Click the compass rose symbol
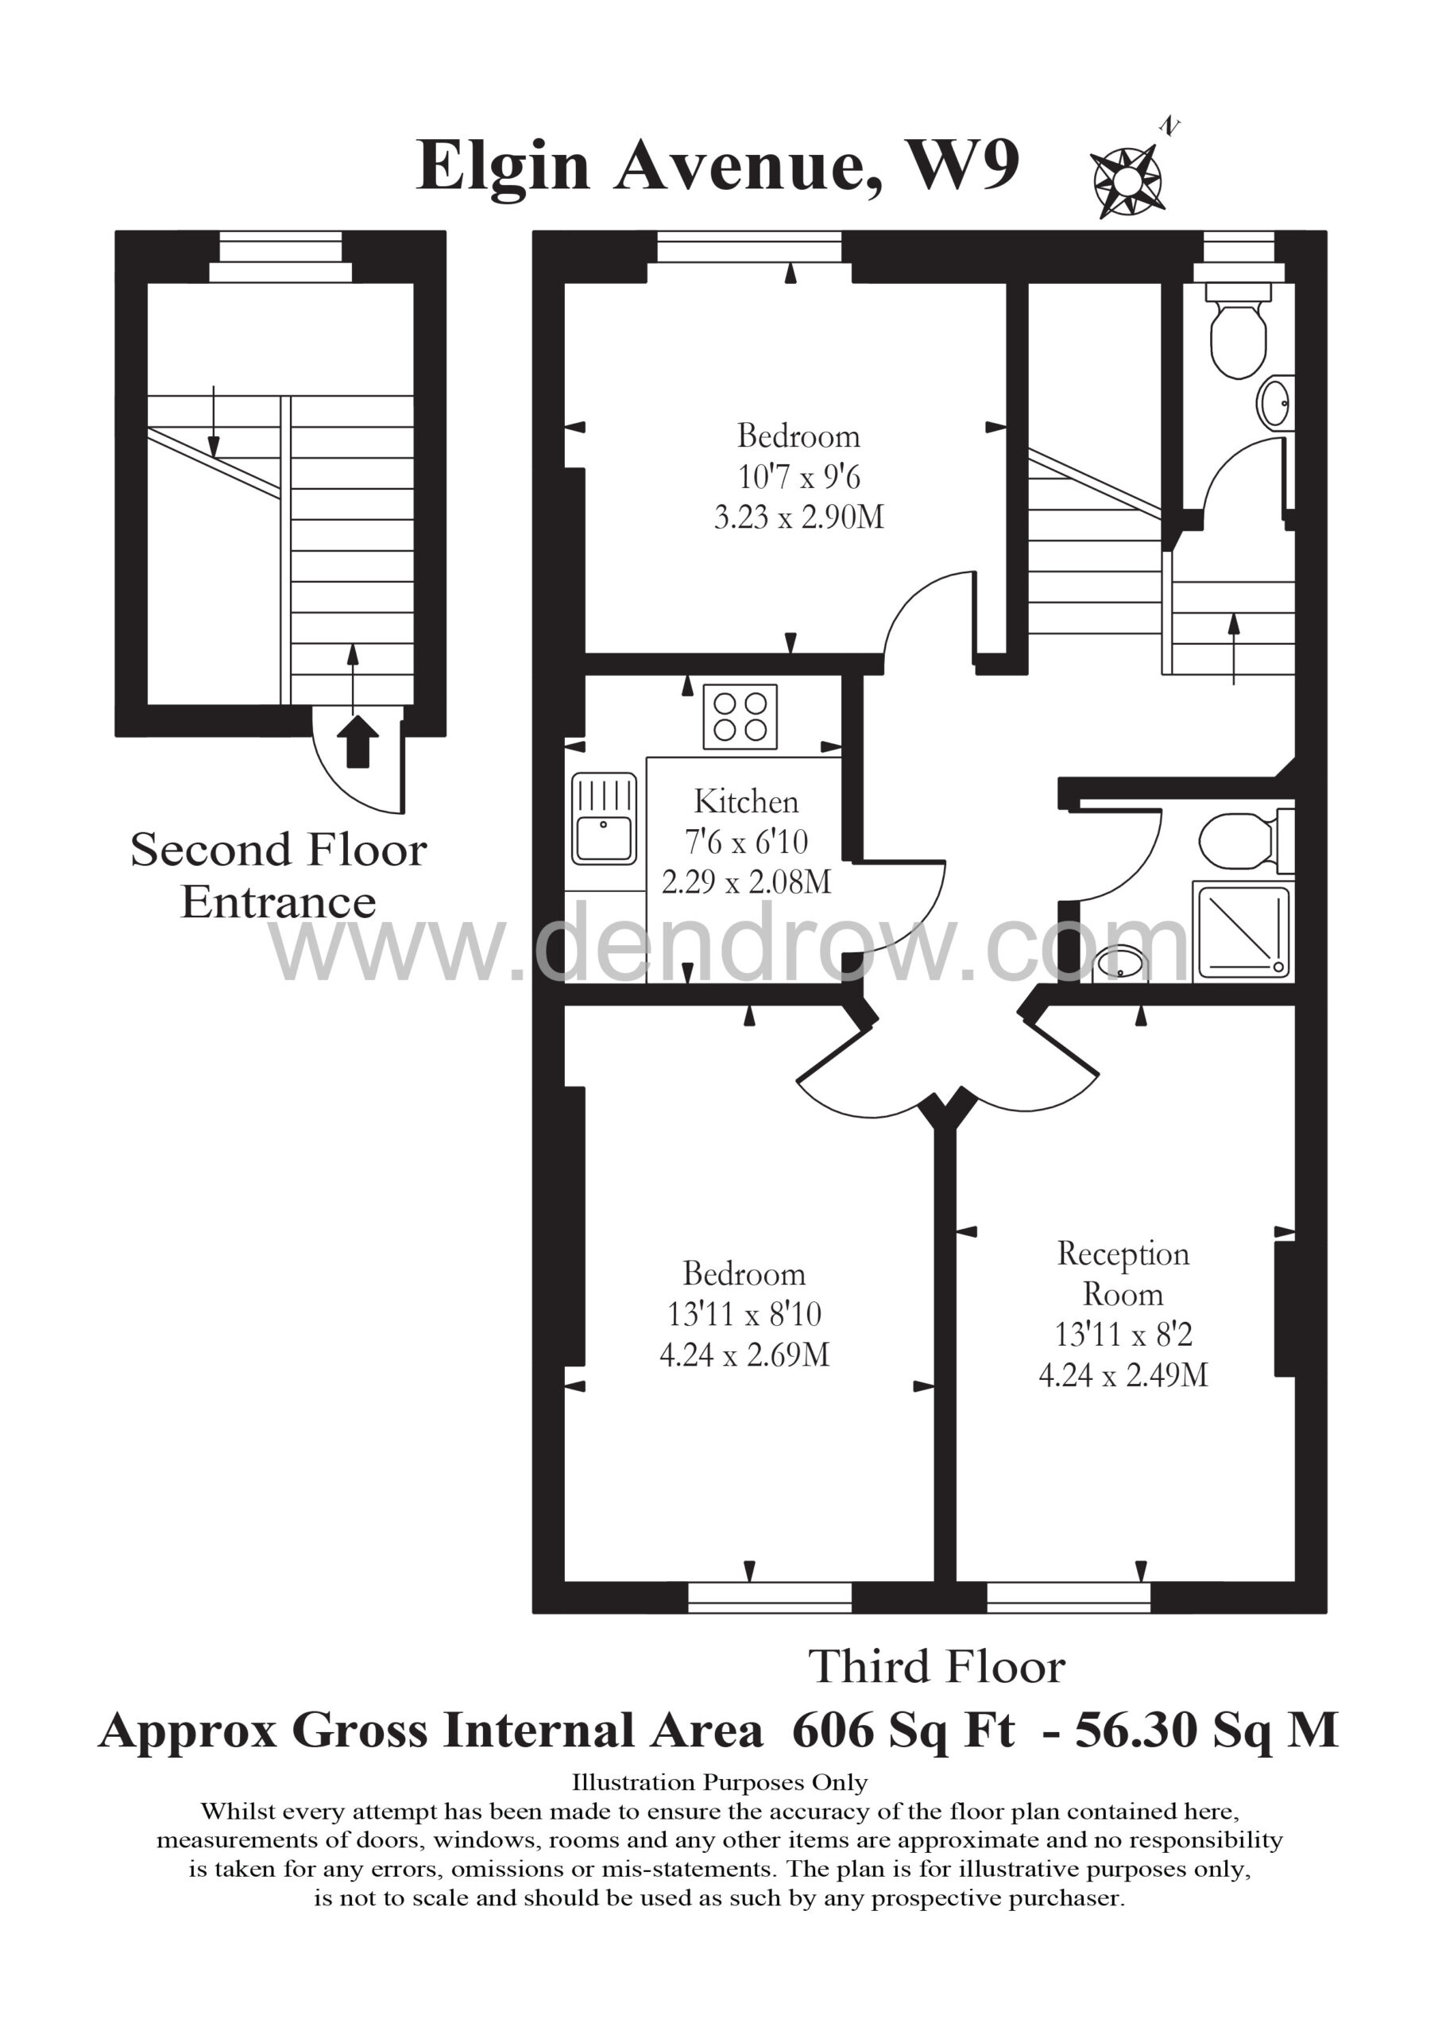coord(1127,180)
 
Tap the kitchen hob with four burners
coord(740,716)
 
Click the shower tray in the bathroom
coord(1244,932)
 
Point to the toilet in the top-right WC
coord(1239,331)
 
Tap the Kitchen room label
coord(746,801)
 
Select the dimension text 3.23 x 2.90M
coord(799,517)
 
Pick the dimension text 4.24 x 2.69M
coord(744,1355)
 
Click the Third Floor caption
coord(937,1666)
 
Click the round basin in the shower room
coord(1121,965)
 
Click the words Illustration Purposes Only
coord(720,1782)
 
